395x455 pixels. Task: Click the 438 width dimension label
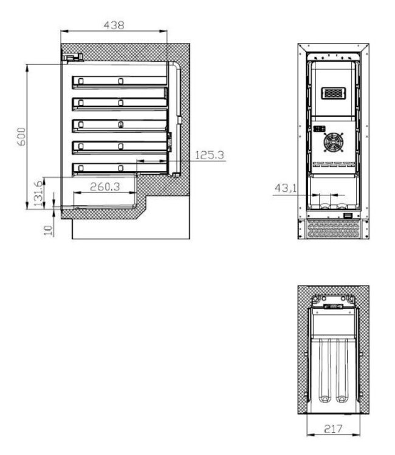[114, 25]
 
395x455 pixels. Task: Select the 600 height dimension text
[22, 136]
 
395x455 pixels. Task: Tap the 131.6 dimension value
[38, 192]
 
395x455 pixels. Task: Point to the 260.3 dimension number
[105, 187]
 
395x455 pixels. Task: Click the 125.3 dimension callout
[209, 155]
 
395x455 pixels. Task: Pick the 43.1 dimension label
[285, 189]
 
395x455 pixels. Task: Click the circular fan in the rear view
[333, 143]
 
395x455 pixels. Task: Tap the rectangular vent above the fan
[333, 93]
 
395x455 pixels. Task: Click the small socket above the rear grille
[348, 216]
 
